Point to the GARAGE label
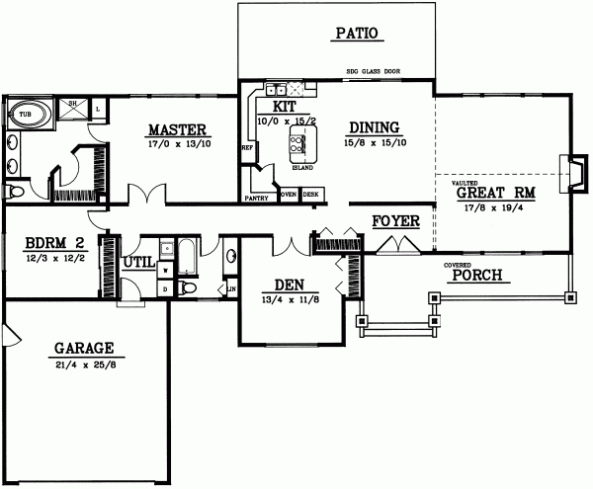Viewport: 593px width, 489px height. (83, 348)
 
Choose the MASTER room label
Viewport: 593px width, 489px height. (177, 129)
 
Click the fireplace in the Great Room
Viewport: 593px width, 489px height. (565, 171)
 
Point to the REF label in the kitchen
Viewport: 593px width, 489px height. (246, 149)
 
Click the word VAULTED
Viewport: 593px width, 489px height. (466, 182)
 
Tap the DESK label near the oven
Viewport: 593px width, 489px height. (311, 195)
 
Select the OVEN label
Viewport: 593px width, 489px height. (289, 195)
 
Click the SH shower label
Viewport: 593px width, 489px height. (73, 102)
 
